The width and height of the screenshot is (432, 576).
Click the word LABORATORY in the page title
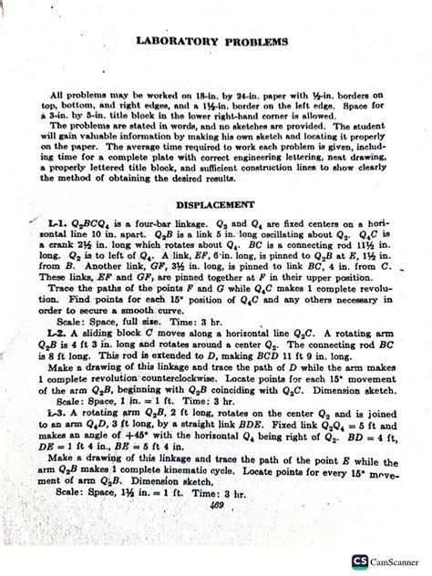coord(181,42)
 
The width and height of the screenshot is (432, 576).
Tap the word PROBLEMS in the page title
coord(254,42)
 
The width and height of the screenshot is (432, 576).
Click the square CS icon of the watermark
coord(360,562)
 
